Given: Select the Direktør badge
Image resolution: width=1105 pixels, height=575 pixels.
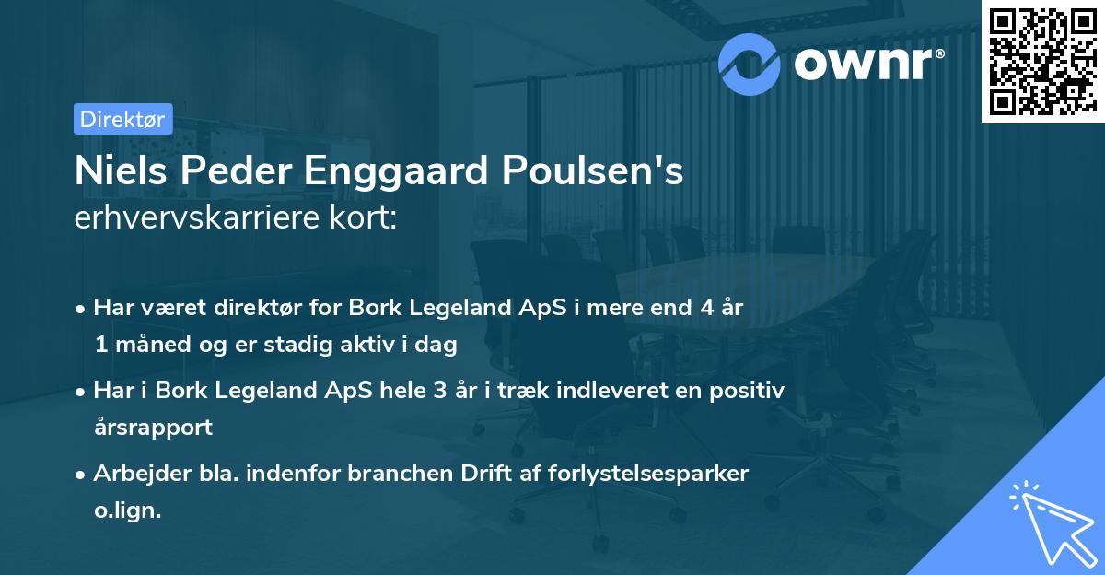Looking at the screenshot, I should [122, 118].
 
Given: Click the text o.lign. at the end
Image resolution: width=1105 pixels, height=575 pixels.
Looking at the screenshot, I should [127, 510].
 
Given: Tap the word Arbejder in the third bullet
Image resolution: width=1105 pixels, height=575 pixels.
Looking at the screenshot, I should [134, 474].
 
